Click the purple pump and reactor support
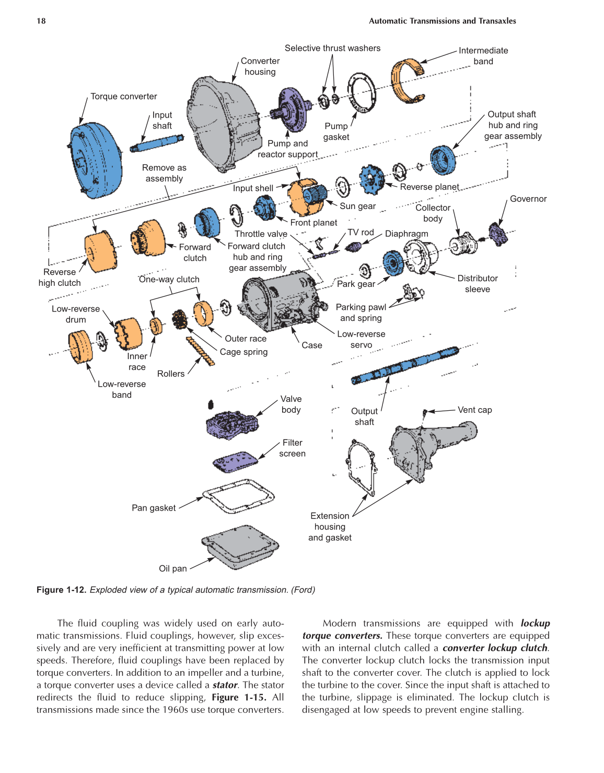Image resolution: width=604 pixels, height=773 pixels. [x=290, y=110]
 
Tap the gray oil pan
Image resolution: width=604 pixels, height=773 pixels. [x=240, y=546]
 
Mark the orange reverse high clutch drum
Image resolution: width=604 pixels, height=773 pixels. [x=100, y=251]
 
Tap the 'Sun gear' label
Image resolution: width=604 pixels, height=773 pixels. [x=357, y=206]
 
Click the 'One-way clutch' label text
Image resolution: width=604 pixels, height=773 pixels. [x=169, y=280]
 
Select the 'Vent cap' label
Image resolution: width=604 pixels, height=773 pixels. [x=474, y=410]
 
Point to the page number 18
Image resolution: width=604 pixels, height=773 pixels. [x=41, y=21]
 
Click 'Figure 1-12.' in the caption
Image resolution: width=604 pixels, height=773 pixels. [x=61, y=590]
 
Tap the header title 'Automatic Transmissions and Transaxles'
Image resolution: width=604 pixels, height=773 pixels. [x=442, y=21]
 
